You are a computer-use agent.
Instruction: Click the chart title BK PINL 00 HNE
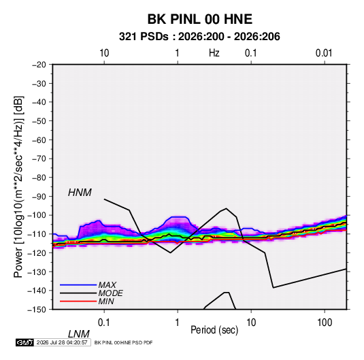point(200,19)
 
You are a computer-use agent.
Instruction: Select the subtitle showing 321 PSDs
point(199,37)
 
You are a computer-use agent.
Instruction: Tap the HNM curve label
point(80,193)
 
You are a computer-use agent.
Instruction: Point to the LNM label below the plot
point(79,334)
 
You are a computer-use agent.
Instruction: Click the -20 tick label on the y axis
point(39,65)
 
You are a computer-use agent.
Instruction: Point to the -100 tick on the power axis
point(37,215)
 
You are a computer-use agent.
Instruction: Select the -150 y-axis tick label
point(37,310)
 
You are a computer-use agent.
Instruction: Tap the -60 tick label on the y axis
point(39,140)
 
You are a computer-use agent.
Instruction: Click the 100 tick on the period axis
point(325,323)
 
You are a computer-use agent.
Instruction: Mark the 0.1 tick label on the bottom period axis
point(104,323)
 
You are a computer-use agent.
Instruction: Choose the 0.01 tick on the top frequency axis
point(324,53)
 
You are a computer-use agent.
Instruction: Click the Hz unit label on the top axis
point(214,53)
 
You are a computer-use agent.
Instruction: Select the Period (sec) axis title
point(214,330)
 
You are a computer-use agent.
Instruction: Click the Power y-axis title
point(18,187)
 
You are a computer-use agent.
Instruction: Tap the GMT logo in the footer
point(24,342)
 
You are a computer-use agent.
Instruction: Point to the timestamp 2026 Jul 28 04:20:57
point(62,342)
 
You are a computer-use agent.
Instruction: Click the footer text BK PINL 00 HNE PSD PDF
point(124,342)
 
